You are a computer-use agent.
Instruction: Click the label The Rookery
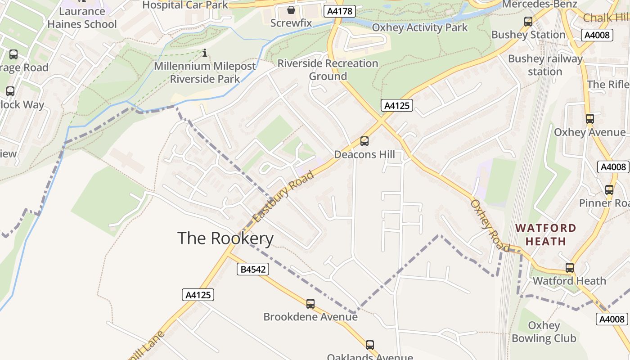(225, 238)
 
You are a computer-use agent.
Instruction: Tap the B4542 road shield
(253, 269)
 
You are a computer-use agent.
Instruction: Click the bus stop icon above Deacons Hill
(364, 141)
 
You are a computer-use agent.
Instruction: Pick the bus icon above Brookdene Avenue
(310, 304)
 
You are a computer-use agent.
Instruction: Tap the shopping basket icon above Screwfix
(291, 10)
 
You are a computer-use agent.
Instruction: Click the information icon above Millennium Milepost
(205, 53)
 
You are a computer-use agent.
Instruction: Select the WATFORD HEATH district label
(546, 234)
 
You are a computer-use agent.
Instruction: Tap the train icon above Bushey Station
(528, 21)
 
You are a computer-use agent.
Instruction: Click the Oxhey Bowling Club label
(544, 332)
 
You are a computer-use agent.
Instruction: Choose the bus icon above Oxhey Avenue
(589, 119)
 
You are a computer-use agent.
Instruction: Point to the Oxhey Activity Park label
(420, 27)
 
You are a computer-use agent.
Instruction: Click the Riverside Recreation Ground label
(328, 70)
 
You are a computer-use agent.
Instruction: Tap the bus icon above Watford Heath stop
(570, 268)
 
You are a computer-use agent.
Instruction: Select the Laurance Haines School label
(82, 18)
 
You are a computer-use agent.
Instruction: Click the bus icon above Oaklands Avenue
(370, 345)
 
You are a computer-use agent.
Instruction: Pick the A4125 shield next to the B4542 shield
(198, 295)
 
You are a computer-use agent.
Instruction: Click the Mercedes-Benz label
(540, 4)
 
